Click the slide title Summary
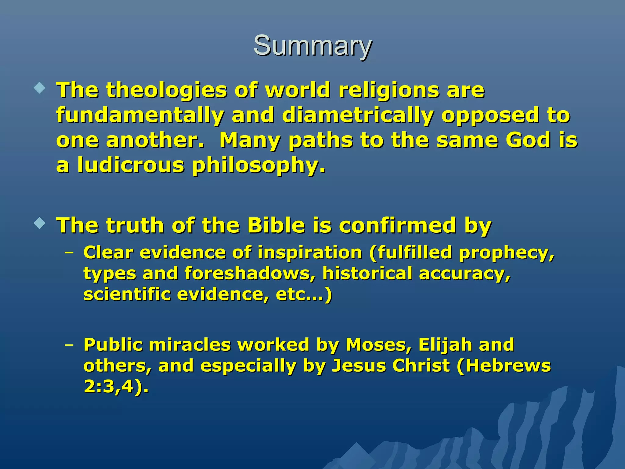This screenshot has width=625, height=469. click(x=312, y=46)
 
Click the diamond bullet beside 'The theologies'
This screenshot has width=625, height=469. click(x=40, y=89)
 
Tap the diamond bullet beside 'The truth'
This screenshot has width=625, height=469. click(x=40, y=224)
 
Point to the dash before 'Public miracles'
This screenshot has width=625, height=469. click(x=69, y=345)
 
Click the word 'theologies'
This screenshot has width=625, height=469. click(x=167, y=91)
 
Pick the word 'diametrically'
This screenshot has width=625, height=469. click(x=358, y=116)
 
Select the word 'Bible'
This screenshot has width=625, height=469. click(x=276, y=225)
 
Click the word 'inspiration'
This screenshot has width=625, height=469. click(x=309, y=253)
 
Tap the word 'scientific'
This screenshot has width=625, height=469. click(x=127, y=294)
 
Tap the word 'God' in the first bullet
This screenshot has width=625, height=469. click(x=528, y=140)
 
